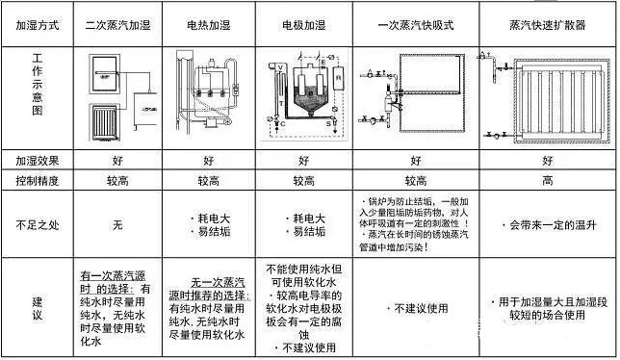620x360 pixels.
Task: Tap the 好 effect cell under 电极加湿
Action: pos(303,160)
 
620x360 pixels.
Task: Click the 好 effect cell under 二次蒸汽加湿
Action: pos(118,160)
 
